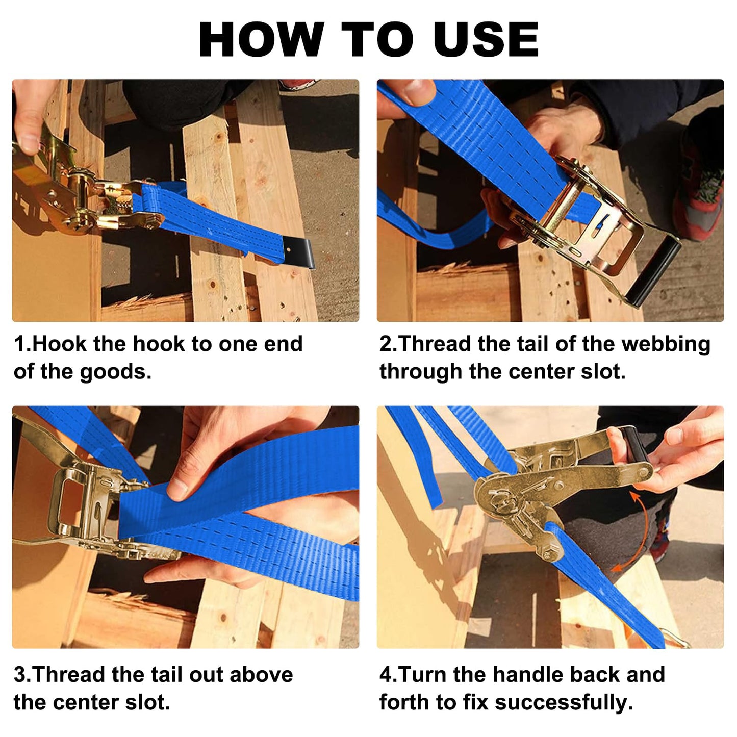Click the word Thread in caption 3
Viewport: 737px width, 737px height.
(x=69, y=675)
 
